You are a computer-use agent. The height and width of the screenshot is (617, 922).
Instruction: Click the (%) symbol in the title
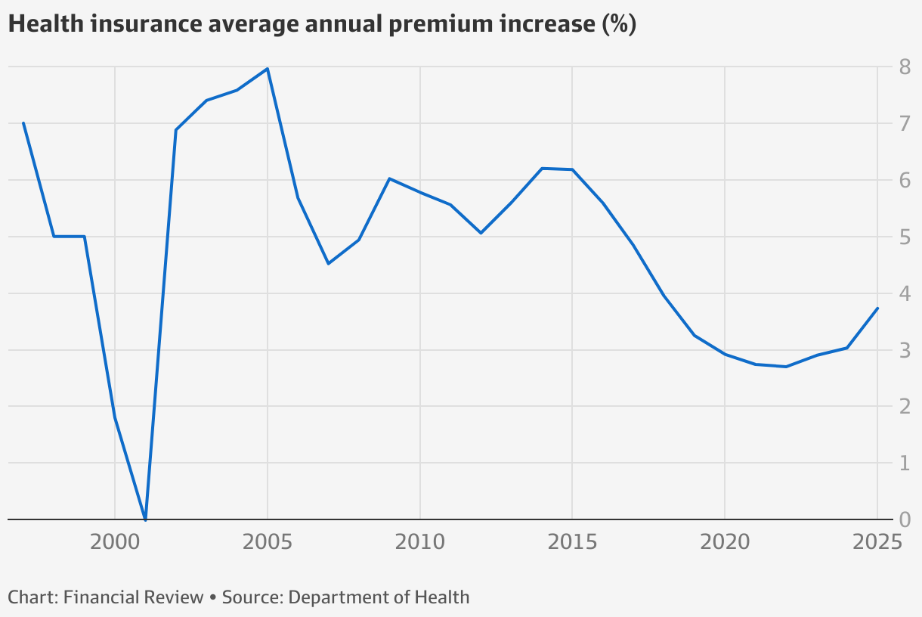pyautogui.click(x=618, y=24)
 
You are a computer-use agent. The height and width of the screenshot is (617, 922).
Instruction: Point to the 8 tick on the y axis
pyautogui.click(x=904, y=67)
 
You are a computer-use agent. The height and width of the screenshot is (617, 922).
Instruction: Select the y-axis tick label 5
pyautogui.click(x=904, y=237)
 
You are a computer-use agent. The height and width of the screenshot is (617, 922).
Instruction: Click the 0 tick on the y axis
pyautogui.click(x=904, y=519)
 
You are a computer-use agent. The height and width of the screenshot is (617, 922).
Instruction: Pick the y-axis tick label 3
pyautogui.click(x=904, y=350)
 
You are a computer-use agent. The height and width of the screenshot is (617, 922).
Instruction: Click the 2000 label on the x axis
pyautogui.click(x=114, y=543)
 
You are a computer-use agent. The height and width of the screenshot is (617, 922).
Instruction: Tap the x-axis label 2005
pyautogui.click(x=267, y=543)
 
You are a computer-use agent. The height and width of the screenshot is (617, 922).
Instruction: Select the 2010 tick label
pyautogui.click(x=419, y=543)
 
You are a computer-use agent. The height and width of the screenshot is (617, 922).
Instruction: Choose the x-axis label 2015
pyautogui.click(x=572, y=543)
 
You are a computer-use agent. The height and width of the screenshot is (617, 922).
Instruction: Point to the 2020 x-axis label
pyautogui.click(x=725, y=543)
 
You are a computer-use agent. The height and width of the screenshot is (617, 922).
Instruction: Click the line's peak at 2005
pyautogui.click(x=268, y=69)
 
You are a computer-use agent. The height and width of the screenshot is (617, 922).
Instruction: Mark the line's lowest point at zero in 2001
pyautogui.click(x=145, y=519)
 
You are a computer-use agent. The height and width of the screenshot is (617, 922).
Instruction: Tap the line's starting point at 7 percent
pyautogui.click(x=23, y=123)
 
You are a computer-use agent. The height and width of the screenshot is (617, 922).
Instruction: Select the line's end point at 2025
pyautogui.click(x=877, y=308)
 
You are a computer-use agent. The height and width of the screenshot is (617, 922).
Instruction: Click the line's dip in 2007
pyautogui.click(x=328, y=263)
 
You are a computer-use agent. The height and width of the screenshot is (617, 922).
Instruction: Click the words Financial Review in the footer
pyautogui.click(x=134, y=597)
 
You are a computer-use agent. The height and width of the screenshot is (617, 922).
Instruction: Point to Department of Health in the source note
pyautogui.click(x=379, y=597)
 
